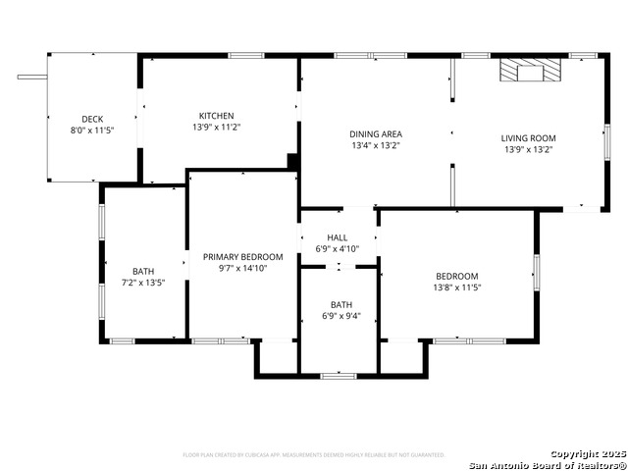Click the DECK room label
[92, 119]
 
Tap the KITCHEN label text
[216, 115]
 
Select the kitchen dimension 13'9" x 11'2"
[216, 127]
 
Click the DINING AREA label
[376, 134]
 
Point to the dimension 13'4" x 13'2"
[376, 146]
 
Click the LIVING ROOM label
[528, 138]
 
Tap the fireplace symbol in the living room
[530, 71]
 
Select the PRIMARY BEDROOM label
[242, 257]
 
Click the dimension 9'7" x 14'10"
[242, 269]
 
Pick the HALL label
[338, 237]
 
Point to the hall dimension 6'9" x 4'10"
[338, 249]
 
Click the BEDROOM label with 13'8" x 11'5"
[457, 276]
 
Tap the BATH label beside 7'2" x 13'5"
[143, 272]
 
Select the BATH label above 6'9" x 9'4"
[341, 305]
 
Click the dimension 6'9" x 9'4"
[341, 316]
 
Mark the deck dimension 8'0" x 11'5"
[92, 131]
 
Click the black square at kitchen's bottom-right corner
[292, 161]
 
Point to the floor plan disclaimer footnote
[314, 455]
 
